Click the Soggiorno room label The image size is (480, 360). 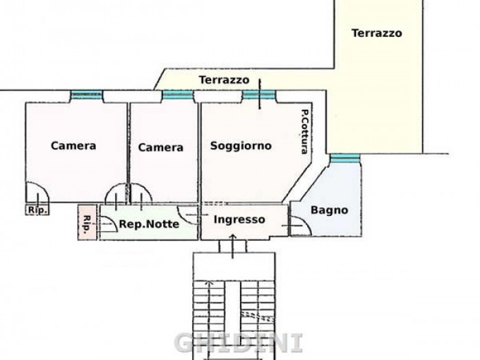pyautogui.click(x=241, y=145)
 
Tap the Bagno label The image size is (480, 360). pyautogui.click(x=329, y=210)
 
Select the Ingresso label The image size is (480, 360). pyautogui.click(x=239, y=219)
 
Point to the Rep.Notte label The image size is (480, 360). pyautogui.click(x=149, y=224)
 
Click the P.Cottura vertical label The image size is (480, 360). pyautogui.click(x=304, y=132)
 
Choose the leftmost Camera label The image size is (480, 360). pyautogui.click(x=73, y=145)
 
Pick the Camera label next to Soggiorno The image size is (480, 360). pyautogui.click(x=160, y=147)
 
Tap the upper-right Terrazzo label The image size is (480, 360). pyautogui.click(x=376, y=33)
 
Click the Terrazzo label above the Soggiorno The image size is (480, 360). pyautogui.click(x=224, y=80)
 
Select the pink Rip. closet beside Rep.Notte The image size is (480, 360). pyautogui.click(x=87, y=222)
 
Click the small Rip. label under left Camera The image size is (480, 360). pyautogui.click(x=37, y=210)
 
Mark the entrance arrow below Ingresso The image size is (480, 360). pyautogui.click(x=232, y=246)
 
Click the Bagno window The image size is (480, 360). pyautogui.click(x=345, y=158)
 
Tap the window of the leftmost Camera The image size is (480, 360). pyautogui.click(x=86, y=95)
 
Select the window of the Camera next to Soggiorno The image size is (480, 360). pyautogui.click(x=178, y=95)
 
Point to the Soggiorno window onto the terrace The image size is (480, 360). pyautogui.click(x=259, y=95)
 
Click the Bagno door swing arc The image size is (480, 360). pyautogui.click(x=304, y=222)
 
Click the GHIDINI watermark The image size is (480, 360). pyautogui.click(x=239, y=343)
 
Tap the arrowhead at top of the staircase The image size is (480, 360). pyautogui.click(x=209, y=282)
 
